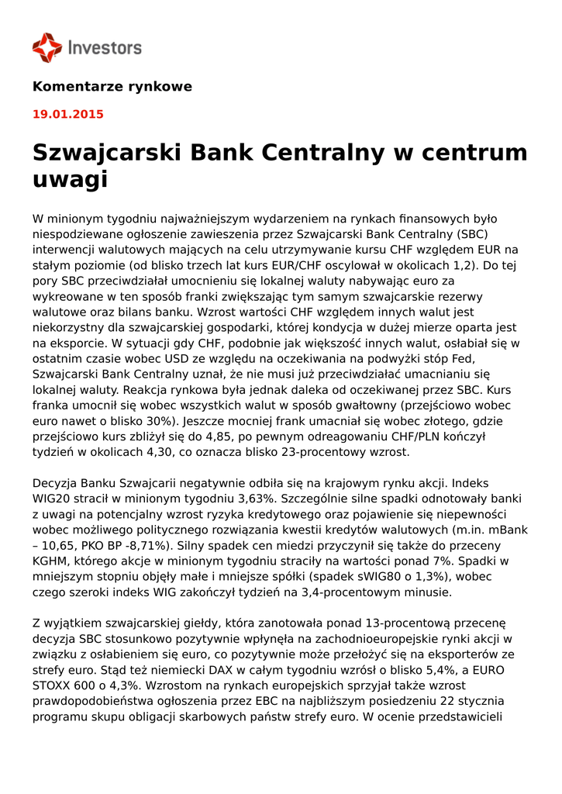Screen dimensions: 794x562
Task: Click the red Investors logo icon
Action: tap(47, 47)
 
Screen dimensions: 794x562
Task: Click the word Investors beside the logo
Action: tap(105, 48)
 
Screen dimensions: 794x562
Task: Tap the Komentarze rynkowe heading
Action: tap(112, 87)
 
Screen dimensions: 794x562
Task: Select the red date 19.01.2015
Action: tap(68, 115)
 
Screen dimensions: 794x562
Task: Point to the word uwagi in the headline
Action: tap(70, 180)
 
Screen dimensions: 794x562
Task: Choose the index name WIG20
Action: tap(52, 499)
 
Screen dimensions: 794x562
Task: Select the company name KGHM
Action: tap(52, 561)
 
